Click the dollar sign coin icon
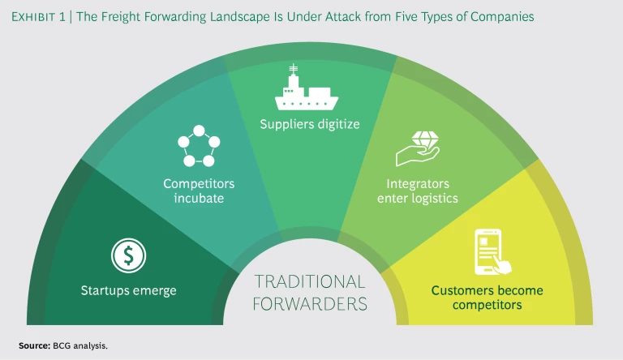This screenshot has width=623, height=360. pos(127,256)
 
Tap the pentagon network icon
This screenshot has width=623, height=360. pos(198,146)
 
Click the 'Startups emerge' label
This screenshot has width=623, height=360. pos(128,290)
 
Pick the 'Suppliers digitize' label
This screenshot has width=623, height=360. pos(309,125)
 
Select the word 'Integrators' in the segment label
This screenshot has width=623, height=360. pos(418,183)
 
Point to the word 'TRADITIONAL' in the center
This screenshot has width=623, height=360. pos(310,281)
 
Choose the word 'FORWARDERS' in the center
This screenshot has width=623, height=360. pos(310,304)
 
